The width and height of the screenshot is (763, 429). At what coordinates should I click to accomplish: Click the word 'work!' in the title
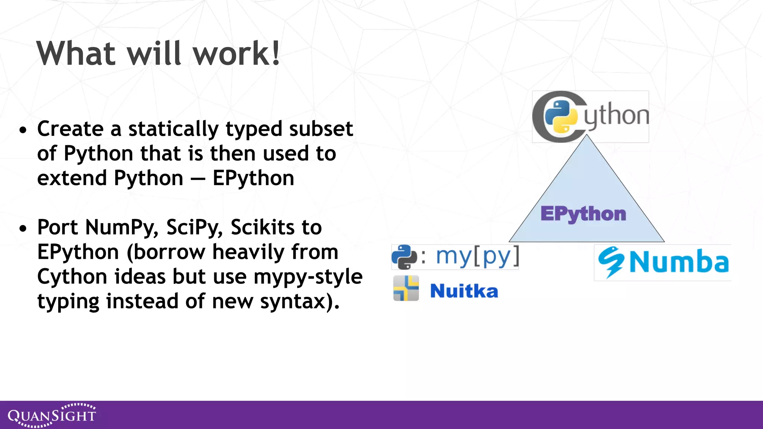coord(236,54)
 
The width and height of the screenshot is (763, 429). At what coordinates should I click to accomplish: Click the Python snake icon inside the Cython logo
coord(561,117)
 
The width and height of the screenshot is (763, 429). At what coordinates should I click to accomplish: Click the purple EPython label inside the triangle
coord(583,214)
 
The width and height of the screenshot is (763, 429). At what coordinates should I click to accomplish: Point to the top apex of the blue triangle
coord(587,136)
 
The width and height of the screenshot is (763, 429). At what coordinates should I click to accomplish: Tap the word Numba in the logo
coord(679,262)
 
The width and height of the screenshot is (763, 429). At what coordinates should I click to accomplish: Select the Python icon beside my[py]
coord(404,257)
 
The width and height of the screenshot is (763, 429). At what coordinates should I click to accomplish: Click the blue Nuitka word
coord(464,291)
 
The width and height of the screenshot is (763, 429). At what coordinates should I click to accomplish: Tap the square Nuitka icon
coord(406,288)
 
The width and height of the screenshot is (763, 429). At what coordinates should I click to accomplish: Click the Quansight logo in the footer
coord(52,415)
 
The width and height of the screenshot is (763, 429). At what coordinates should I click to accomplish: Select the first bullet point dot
coord(23,130)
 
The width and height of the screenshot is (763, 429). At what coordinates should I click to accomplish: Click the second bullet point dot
coord(23,228)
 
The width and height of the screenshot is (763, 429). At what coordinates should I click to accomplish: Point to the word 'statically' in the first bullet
coord(173,129)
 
